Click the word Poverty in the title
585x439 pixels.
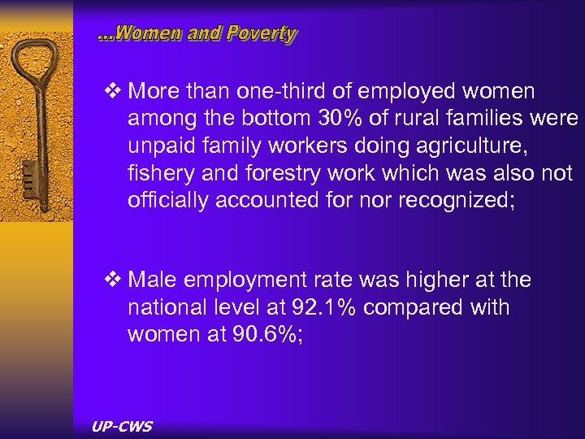(x=262, y=34)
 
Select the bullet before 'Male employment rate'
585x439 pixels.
(x=111, y=280)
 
